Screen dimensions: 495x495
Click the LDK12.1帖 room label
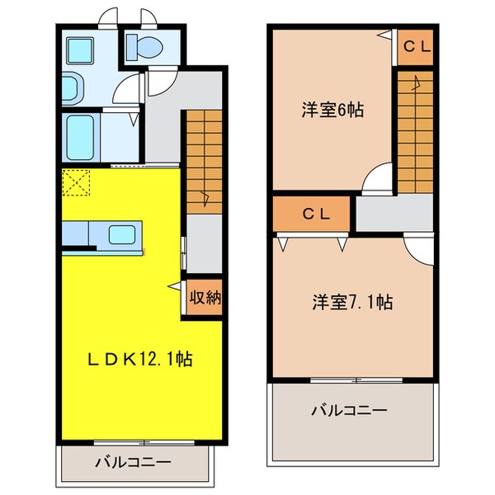pyautogui.click(x=141, y=360)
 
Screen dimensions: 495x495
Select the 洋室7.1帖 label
pyautogui.click(x=351, y=302)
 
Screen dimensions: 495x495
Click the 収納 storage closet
pyautogui.click(x=203, y=298)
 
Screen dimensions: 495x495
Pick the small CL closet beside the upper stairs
pyautogui.click(x=415, y=48)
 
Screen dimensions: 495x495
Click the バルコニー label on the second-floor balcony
pyautogui.click(x=350, y=410)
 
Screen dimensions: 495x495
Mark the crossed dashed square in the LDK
pyautogui.click(x=77, y=182)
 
